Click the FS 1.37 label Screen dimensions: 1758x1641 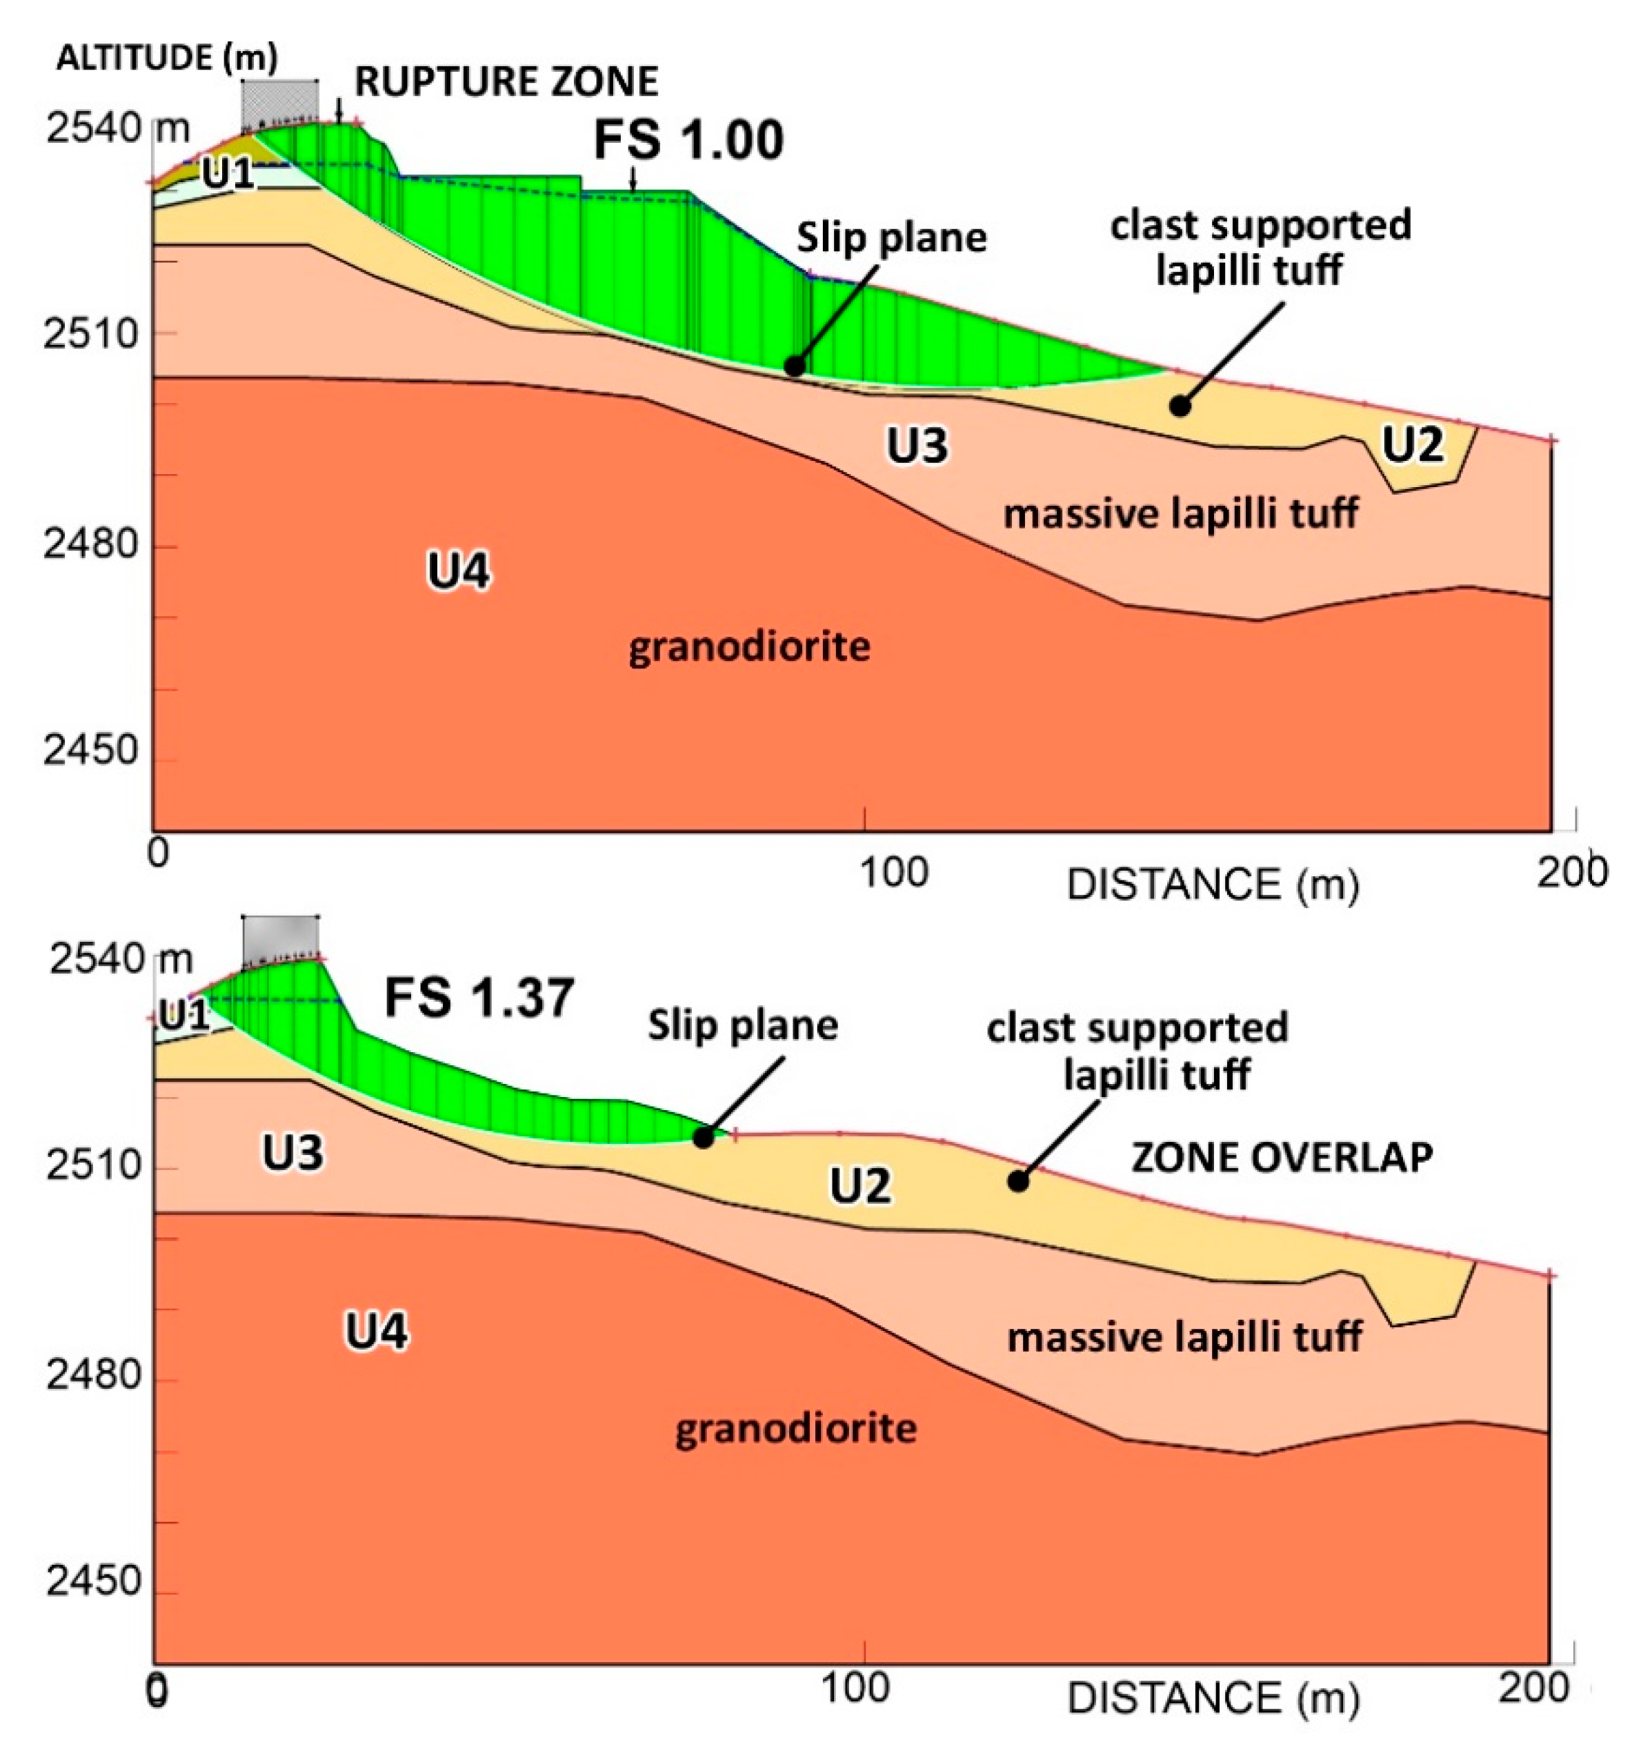(x=479, y=998)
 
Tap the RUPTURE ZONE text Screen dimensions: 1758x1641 (x=506, y=81)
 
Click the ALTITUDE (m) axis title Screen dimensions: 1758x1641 (x=167, y=59)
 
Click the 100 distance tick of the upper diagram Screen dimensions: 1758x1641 (x=893, y=872)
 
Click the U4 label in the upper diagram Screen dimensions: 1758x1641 (x=458, y=571)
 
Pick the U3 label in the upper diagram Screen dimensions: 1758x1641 (x=917, y=445)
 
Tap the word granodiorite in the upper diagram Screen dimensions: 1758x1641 (x=749, y=647)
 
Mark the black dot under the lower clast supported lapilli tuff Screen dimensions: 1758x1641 (x=1017, y=1181)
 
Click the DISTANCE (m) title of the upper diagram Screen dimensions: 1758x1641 (x=1212, y=885)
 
